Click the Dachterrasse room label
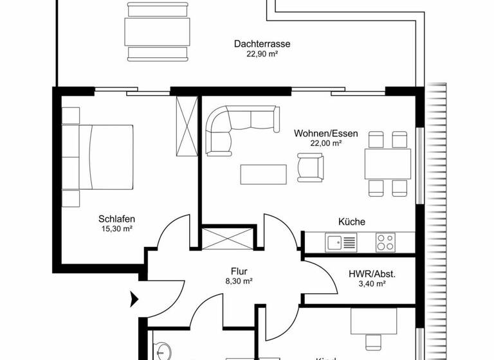[x=262, y=44]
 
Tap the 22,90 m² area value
[x=262, y=55]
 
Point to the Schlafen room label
[x=116, y=218]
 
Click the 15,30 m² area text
[x=116, y=228]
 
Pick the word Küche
[x=352, y=222]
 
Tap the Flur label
[x=239, y=271]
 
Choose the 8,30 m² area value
[x=239, y=282]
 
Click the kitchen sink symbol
[x=341, y=242]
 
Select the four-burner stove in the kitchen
[x=385, y=242]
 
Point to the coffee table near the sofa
[x=264, y=174]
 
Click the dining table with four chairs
[x=387, y=163]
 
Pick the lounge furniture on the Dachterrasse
[x=158, y=30]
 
